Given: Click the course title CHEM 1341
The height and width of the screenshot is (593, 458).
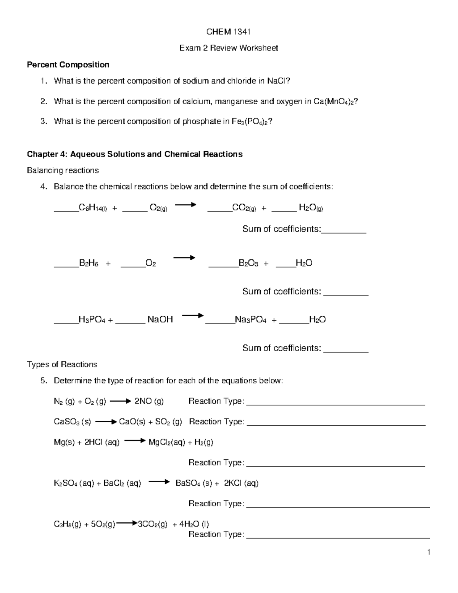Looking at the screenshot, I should (228, 32).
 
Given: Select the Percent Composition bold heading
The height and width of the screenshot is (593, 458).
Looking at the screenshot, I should (68, 65).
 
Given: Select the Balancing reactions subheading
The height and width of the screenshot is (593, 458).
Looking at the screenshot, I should (63, 170).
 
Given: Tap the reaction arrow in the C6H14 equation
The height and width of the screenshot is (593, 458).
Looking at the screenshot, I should (185, 205).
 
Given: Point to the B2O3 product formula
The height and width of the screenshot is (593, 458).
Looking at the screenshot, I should (248, 263).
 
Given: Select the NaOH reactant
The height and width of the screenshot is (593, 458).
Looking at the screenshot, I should (160, 320).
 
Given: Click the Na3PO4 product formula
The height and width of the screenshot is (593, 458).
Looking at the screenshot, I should (250, 320).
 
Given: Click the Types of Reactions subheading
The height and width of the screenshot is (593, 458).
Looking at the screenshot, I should (62, 364).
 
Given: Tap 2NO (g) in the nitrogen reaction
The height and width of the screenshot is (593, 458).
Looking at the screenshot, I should (149, 401).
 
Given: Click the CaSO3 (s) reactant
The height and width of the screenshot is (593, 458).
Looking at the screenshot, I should (72, 422).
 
